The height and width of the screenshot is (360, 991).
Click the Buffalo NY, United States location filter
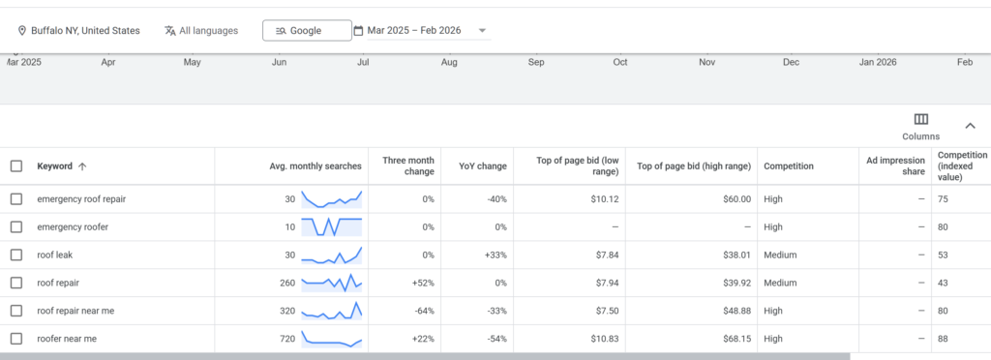79,31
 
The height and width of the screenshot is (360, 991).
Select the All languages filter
200,31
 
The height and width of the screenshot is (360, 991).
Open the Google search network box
306,31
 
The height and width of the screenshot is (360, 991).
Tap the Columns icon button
920,120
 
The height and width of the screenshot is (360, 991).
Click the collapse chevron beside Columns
970,126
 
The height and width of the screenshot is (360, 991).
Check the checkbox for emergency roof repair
16,199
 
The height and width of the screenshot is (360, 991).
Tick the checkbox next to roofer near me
16,339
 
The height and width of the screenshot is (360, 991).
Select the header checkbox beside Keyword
16,166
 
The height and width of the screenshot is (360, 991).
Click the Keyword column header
55,166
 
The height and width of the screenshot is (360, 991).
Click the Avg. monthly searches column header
315,166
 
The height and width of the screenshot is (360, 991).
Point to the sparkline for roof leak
332,255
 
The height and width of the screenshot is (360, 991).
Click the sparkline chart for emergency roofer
332,227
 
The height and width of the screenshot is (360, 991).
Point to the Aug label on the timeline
449,63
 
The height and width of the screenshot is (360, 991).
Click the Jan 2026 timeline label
879,63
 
